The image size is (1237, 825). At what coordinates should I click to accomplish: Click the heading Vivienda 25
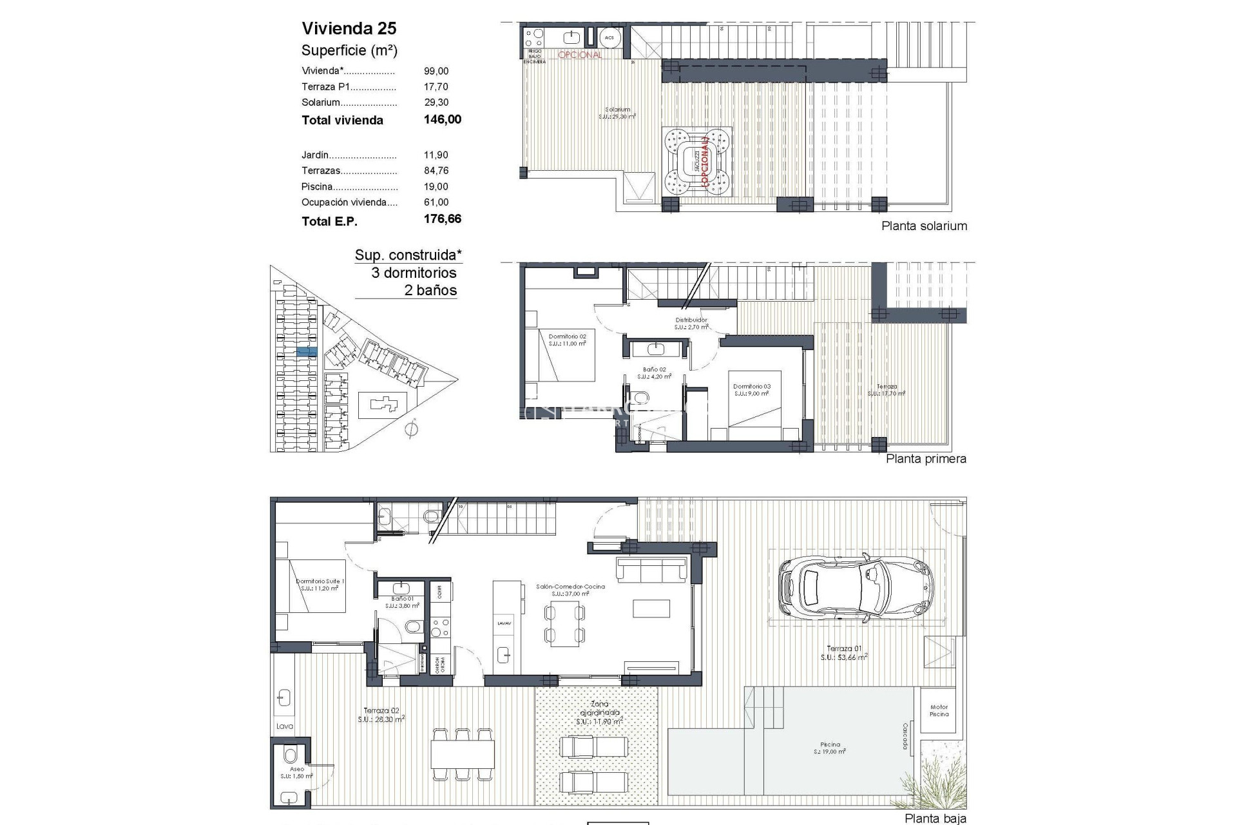point(349,28)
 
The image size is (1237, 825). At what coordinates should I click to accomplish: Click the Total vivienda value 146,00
point(442,119)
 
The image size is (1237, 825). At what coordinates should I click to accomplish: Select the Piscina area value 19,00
point(436,186)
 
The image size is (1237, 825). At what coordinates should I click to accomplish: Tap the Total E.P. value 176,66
point(442,219)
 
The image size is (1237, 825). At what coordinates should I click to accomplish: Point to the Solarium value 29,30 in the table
point(436,102)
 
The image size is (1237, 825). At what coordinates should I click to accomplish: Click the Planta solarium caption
point(924,226)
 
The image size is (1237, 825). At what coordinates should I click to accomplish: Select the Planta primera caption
point(926,459)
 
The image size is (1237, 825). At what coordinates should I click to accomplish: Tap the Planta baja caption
point(935,819)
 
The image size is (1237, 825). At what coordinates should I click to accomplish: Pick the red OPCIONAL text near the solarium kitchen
point(579,55)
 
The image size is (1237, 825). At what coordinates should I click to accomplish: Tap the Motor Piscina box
point(939,710)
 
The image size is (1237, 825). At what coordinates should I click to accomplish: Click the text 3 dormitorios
point(414,273)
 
